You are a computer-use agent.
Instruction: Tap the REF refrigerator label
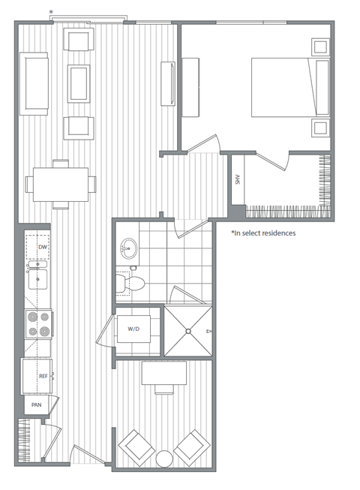pyautogui.click(x=33, y=376)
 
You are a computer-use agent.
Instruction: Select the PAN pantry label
pyautogui.click(x=34, y=404)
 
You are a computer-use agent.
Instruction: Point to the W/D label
pyautogui.click(x=133, y=329)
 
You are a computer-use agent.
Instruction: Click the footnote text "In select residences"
pyautogui.click(x=263, y=233)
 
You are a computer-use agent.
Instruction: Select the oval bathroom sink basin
pyautogui.click(x=129, y=248)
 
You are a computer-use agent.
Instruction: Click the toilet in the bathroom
pyautogui.click(x=129, y=284)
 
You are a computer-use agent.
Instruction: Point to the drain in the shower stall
pyautogui.click(x=189, y=330)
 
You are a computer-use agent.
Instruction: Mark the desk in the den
pyautogui.click(x=164, y=373)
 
